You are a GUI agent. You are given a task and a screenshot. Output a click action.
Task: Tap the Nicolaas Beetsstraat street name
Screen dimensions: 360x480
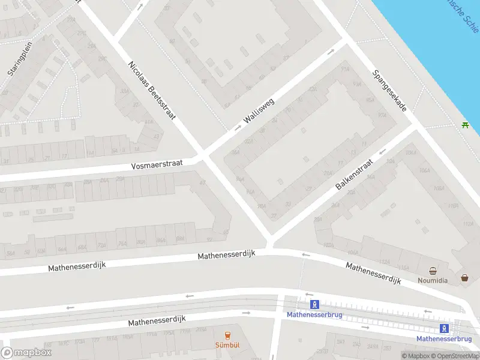(x=152, y=90)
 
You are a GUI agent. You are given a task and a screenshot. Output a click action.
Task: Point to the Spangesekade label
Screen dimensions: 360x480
(x=389, y=91)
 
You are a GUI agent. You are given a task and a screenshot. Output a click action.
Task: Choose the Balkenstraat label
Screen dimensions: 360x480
(x=354, y=175)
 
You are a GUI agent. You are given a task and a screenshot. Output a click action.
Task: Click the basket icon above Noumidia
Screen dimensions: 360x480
(x=433, y=271)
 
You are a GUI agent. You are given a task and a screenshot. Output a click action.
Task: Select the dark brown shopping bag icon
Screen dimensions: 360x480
(x=464, y=278)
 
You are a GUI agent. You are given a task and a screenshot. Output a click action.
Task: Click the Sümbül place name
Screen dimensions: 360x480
(x=227, y=345)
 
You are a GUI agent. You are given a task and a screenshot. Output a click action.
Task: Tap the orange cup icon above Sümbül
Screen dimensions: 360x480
(x=227, y=335)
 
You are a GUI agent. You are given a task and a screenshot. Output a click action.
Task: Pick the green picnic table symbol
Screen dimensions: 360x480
(x=465, y=125)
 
